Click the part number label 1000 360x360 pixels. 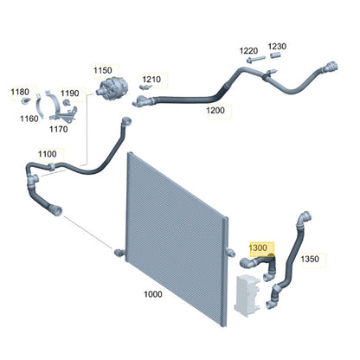coord(153,294)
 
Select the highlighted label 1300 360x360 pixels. coord(258,247)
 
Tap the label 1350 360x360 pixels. coord(310,259)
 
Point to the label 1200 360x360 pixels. coord(215,110)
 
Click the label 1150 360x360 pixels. coord(103,70)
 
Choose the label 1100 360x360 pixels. coord(48,154)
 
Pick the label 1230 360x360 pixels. coord(277,47)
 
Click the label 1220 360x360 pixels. coord(248,51)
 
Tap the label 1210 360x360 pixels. coord(151,80)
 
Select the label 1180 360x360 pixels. coord(20,92)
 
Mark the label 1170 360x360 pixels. coord(59,129)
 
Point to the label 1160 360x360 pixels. coord(29,119)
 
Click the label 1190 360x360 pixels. coord(70,93)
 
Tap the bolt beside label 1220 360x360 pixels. coord(256,60)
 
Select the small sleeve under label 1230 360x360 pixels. coord(275,55)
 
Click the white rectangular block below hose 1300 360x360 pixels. coord(247,296)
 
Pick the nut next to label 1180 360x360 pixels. coord(26,100)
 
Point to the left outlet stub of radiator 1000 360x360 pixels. coord(119,253)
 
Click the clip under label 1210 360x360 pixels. coord(146,87)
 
